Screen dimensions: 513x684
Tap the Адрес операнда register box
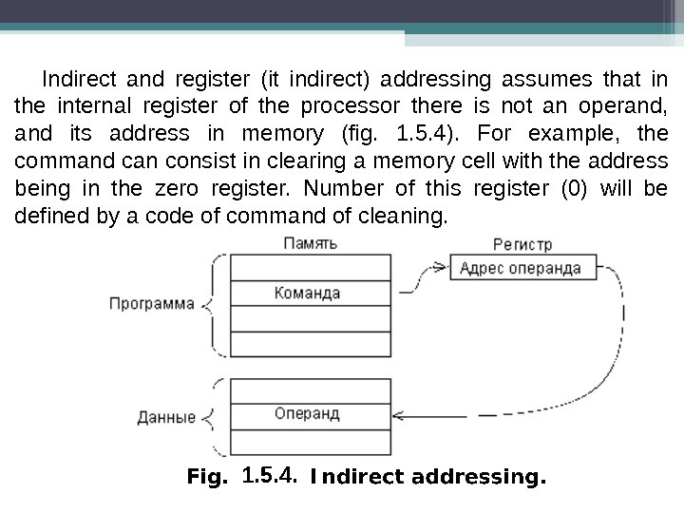coord(520,268)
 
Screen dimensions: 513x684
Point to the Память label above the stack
coord(311,244)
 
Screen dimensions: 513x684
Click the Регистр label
coord(522,245)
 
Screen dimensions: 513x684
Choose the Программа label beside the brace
coord(152,305)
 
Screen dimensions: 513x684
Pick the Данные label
coord(167,416)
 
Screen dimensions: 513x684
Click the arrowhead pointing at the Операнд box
coord(398,415)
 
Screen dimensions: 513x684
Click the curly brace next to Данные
coord(212,416)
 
